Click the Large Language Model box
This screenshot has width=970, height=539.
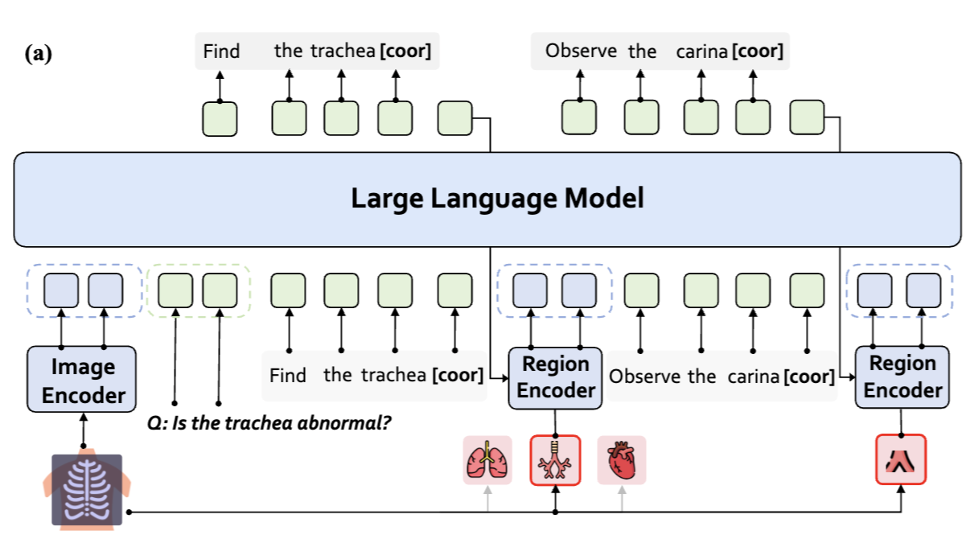487,199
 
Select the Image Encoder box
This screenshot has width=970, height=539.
83,381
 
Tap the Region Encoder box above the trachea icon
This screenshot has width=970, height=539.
555,376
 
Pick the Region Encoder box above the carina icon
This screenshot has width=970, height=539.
902,376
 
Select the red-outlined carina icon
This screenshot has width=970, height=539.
901,459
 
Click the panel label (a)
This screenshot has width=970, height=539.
38,55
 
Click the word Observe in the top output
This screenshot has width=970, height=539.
581,51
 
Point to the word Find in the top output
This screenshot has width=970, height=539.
221,51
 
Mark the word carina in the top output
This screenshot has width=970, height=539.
701,52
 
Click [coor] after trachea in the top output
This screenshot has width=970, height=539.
405,51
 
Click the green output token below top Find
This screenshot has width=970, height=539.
220,118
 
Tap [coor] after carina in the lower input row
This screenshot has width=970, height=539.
809,376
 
